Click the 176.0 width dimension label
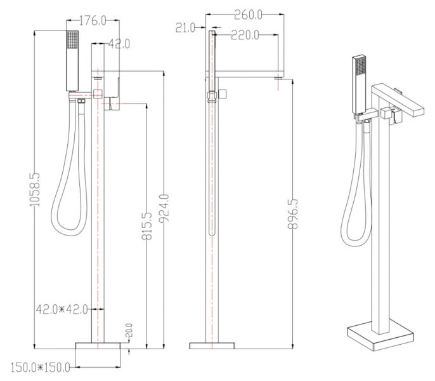(x=93, y=20)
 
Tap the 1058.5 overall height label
(x=36, y=189)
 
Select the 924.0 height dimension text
(x=164, y=208)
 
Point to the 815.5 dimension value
(x=146, y=226)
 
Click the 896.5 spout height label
(x=293, y=214)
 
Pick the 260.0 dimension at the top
(x=248, y=15)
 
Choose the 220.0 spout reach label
(x=245, y=35)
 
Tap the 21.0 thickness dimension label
(x=186, y=28)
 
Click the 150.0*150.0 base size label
(x=40, y=368)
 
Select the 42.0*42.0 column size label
(x=62, y=309)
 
